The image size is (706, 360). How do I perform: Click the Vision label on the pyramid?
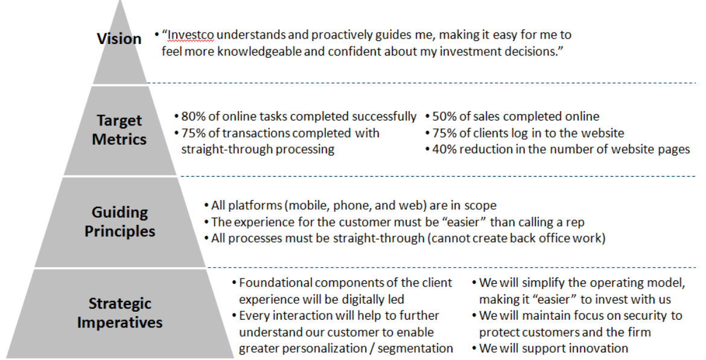[119, 39]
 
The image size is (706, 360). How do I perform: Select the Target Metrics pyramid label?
[119, 130]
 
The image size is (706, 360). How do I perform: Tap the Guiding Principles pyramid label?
[119, 221]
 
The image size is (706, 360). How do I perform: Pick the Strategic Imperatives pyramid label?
[119, 313]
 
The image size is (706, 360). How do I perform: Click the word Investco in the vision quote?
[191, 35]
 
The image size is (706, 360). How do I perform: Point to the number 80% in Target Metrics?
[194, 116]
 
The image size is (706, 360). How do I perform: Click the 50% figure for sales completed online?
[445, 116]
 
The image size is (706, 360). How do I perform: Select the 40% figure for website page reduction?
[445, 150]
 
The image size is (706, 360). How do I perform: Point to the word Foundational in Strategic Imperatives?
[276, 283]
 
